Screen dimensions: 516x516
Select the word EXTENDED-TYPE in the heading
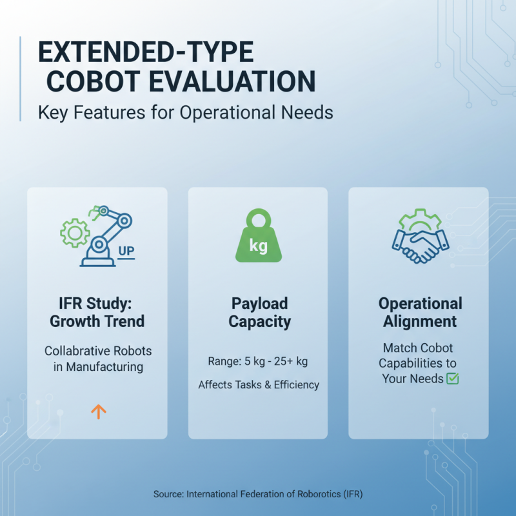point(146,51)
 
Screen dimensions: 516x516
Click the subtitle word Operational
point(231,112)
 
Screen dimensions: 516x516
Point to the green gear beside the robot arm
point(74,233)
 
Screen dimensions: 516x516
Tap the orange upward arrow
point(98,411)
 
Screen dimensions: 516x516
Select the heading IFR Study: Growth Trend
point(97,312)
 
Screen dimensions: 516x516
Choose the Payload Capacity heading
point(259,312)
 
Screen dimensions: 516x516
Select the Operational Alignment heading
point(421,312)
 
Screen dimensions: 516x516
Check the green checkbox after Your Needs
point(452,379)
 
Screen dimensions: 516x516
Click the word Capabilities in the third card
point(420,362)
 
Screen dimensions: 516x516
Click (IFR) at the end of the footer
point(352,494)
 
